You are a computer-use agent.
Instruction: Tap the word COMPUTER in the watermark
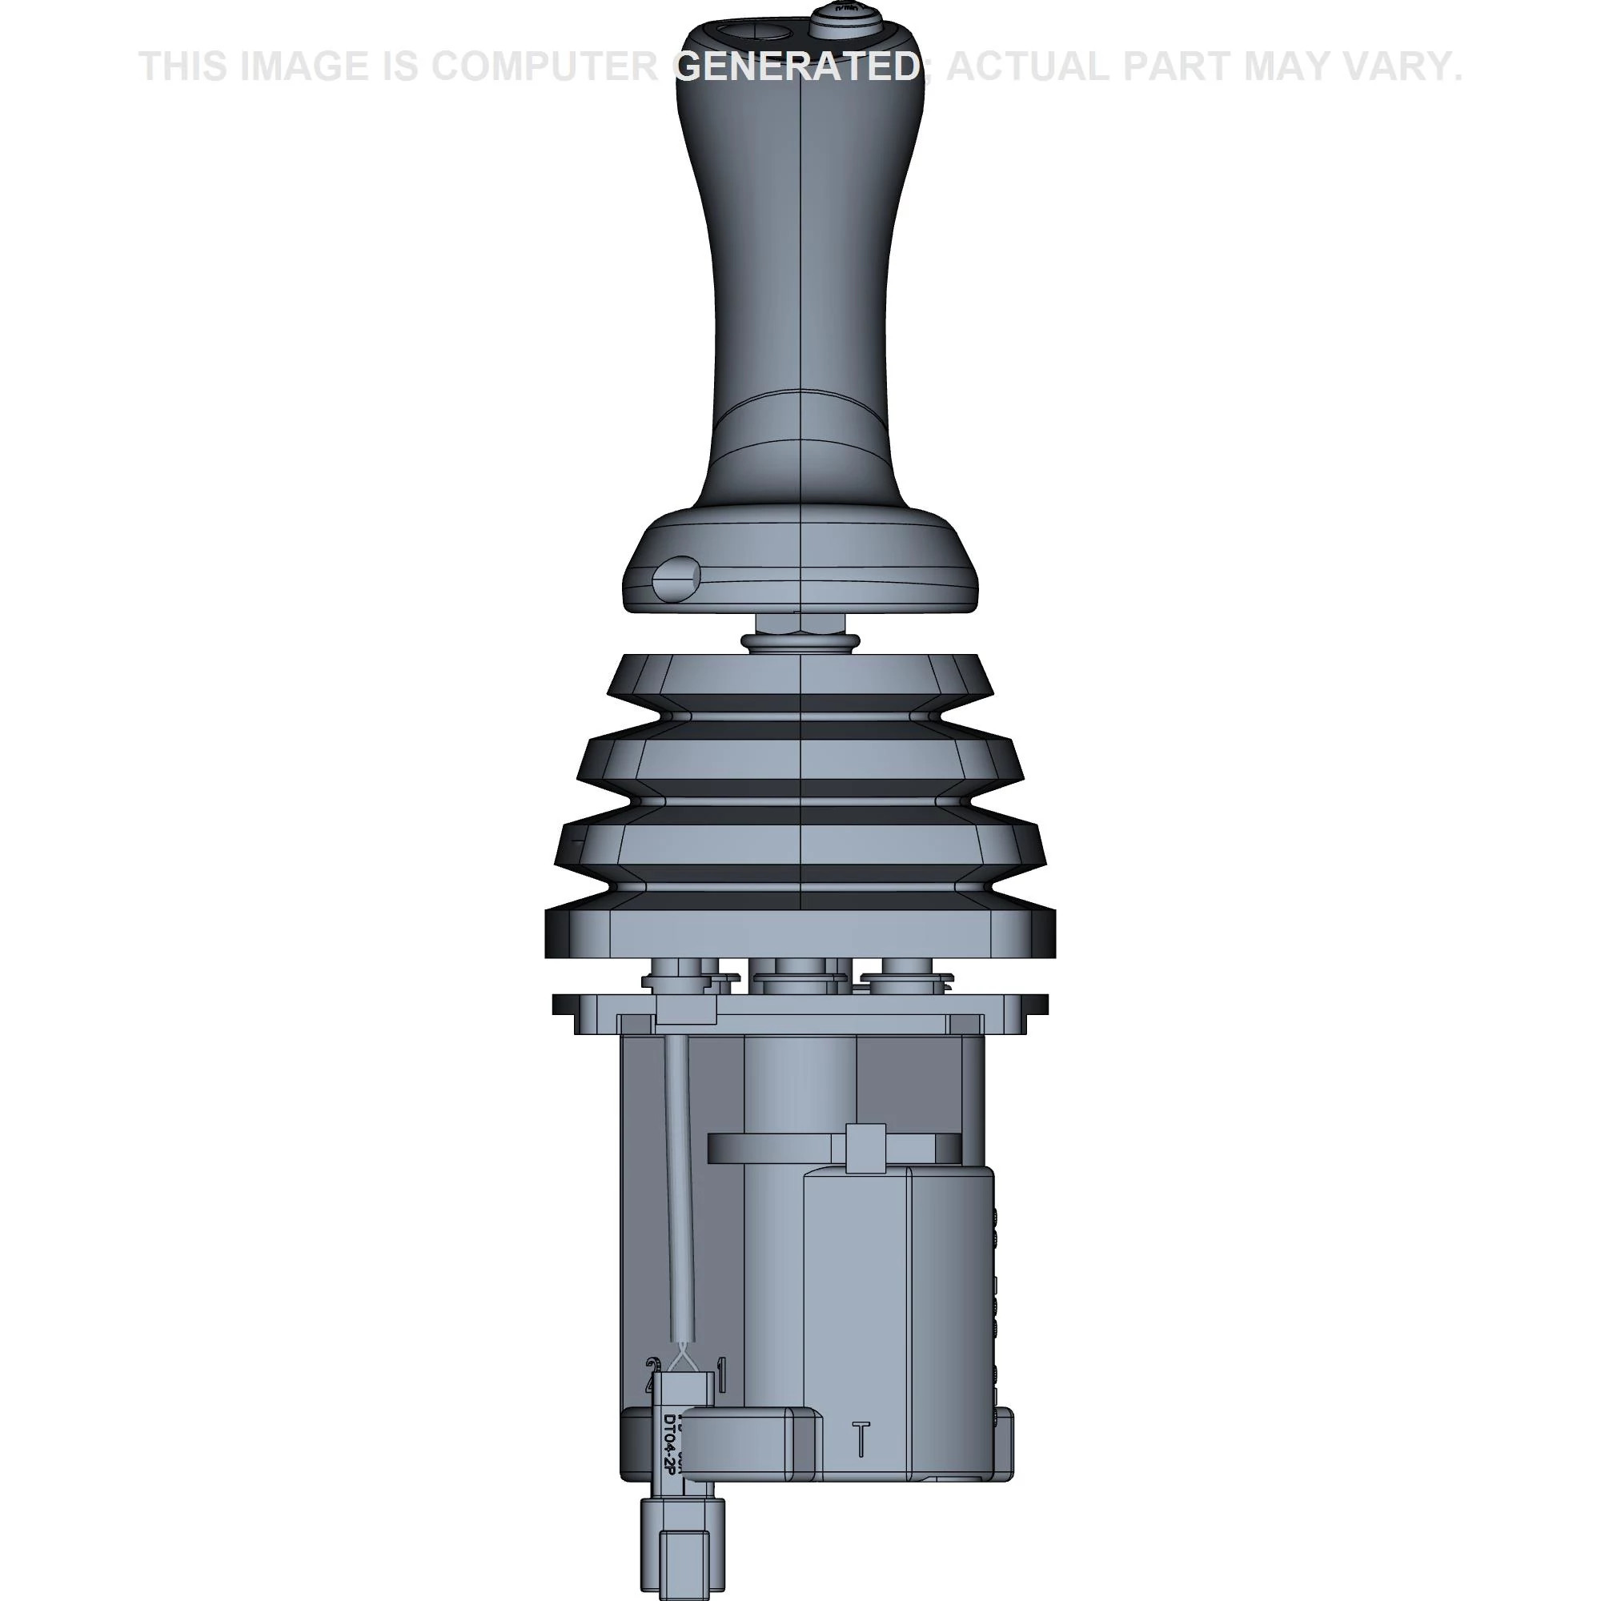[x=544, y=66]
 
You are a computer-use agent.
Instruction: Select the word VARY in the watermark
[x=1408, y=66]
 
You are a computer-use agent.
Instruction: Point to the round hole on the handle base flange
[x=676, y=579]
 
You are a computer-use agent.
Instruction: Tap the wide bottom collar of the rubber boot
[x=800, y=933]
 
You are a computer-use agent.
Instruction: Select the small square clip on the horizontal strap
[x=865, y=1147]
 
